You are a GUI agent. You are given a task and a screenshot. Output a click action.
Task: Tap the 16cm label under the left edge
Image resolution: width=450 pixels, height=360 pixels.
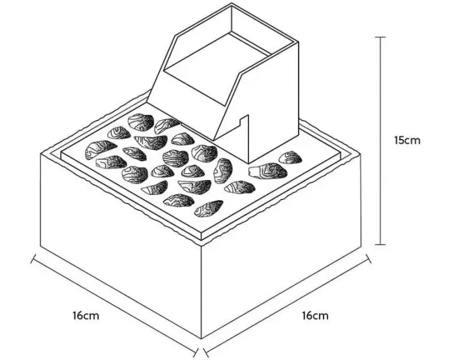(85, 316)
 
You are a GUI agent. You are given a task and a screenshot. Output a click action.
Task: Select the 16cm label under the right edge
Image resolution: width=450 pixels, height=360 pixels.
(315, 316)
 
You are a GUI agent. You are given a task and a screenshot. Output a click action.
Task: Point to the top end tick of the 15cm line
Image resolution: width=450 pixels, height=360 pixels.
(381, 37)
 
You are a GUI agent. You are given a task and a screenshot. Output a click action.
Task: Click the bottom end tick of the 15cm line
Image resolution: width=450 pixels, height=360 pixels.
(381, 245)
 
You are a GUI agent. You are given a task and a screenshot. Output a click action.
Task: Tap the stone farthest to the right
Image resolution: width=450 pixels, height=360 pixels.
(291, 157)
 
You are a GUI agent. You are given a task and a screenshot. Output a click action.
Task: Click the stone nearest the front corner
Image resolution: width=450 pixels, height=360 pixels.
(208, 209)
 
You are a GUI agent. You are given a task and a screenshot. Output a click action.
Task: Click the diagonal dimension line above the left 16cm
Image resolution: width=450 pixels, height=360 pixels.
(111, 299)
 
